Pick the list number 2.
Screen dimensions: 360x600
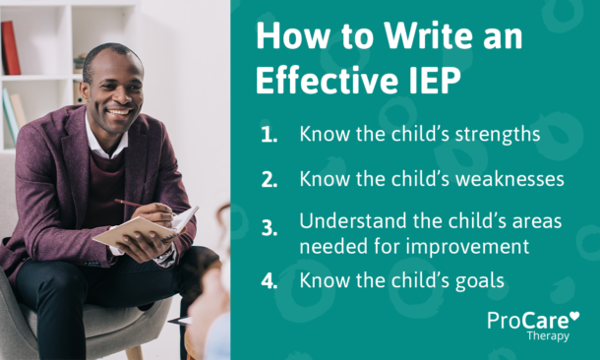pos(270,181)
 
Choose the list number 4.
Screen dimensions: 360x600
pos(270,281)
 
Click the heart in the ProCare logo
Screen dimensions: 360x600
pos(574,317)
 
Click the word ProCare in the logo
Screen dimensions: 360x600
pos(526,321)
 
